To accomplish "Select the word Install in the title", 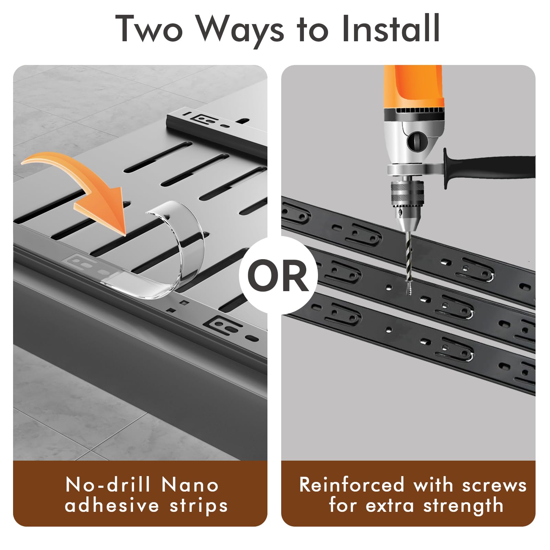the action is pyautogui.click(x=391, y=28).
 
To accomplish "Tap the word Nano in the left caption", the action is pyautogui.click(x=190, y=485).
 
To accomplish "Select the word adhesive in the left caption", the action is pyautogui.click(x=112, y=506).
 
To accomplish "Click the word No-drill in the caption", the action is pyautogui.click(x=108, y=485).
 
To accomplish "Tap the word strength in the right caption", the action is pyautogui.click(x=463, y=506).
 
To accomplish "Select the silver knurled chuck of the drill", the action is pyautogui.click(x=407, y=196).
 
